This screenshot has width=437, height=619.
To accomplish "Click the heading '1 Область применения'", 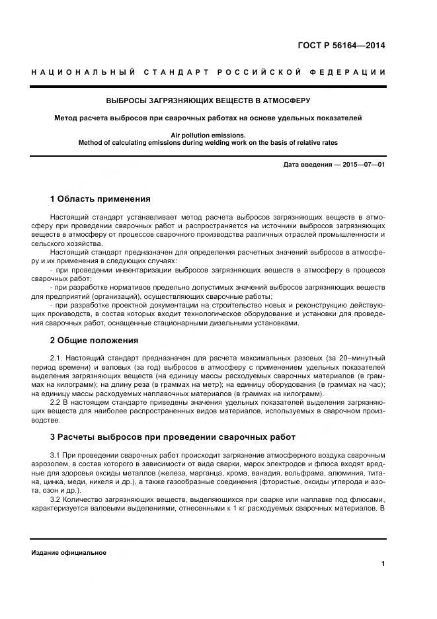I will (100, 198).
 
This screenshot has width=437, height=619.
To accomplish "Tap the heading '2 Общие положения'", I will (94, 341).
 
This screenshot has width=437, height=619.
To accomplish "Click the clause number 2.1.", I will (56, 358).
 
